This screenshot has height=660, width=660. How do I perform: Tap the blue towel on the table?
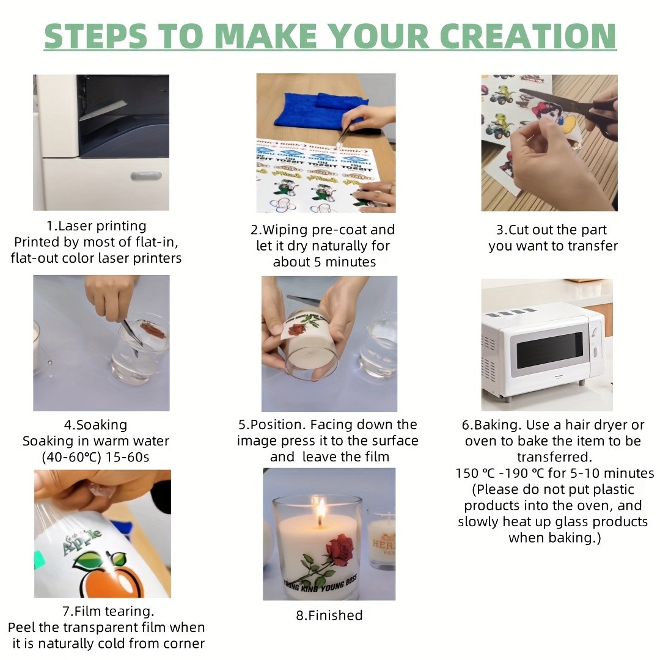321,110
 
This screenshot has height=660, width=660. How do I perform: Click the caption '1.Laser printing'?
97,226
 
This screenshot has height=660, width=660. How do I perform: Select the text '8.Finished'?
329,615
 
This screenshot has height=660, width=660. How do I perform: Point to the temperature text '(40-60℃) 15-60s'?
95,457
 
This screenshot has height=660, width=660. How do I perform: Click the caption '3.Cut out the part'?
552,230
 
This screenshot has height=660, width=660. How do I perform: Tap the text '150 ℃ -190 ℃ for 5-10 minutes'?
554,473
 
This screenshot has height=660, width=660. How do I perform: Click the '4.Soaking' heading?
95,425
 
